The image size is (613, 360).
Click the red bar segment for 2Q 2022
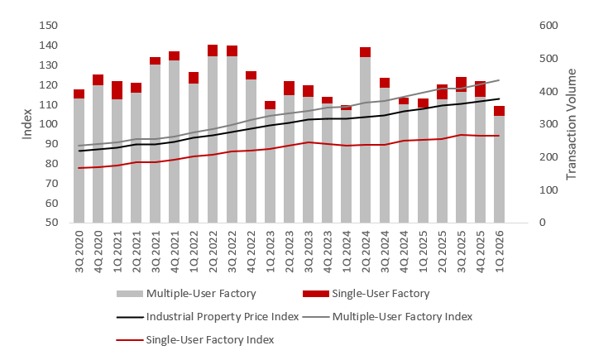click(213, 50)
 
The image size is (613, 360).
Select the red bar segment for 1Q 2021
click(117, 90)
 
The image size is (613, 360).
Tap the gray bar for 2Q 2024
click(366, 140)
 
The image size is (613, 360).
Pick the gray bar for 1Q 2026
click(499, 170)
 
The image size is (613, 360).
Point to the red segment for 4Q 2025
click(480, 89)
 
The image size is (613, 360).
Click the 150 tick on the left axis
click(49, 26)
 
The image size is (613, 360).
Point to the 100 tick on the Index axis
click(49, 124)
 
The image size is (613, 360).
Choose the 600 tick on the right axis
click(548, 26)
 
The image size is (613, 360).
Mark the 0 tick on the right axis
click(543, 223)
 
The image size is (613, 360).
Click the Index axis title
click(26, 124)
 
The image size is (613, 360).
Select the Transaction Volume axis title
click(571, 124)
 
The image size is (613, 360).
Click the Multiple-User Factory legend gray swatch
click(129, 294)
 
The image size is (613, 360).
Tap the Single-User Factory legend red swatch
click(315, 294)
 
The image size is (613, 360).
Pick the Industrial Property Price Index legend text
click(223, 317)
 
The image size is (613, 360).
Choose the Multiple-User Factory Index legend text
click(402, 317)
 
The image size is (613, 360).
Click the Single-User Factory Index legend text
click(210, 339)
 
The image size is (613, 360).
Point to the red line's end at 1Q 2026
click(499, 136)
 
